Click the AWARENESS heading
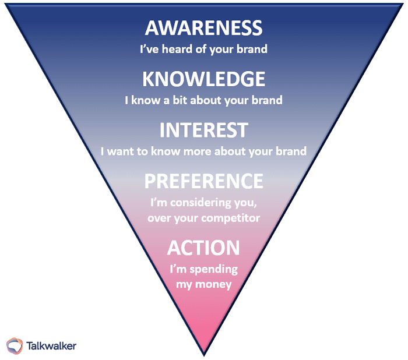coord(203,27)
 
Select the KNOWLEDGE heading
coord(203,79)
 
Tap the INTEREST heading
coord(203,129)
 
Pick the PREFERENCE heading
coord(203,181)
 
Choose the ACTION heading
coord(203,248)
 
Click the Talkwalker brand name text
coord(51,345)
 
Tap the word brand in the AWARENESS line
coord(253,50)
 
